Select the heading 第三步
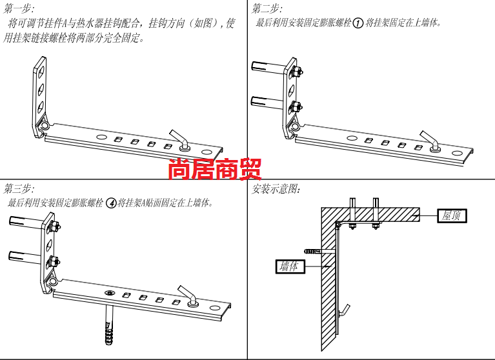18,188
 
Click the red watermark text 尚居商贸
215,170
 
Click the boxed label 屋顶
451,215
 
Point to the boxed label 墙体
289,266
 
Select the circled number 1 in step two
358,24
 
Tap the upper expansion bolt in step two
267,67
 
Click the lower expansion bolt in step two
267,101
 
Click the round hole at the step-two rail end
458,154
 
